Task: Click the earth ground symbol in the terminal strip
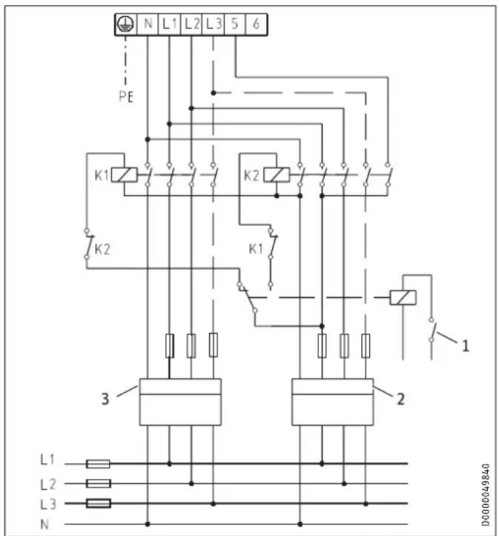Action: [126, 24]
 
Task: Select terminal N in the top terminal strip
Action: [148, 24]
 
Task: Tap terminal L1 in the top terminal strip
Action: [170, 24]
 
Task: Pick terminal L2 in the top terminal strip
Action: [191, 24]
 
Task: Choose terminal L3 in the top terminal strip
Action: [214, 24]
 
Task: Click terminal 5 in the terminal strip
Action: [235, 24]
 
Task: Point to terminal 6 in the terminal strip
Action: [257, 24]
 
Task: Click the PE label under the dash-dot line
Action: [126, 96]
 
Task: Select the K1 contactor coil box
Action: [125, 175]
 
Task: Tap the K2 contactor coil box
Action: [277, 175]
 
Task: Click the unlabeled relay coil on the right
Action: [403, 297]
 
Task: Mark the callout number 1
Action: [466, 346]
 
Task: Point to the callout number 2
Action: [400, 399]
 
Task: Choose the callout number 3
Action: [105, 399]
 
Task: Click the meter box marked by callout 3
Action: [180, 402]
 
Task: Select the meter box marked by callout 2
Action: [333, 402]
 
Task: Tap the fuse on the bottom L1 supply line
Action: [98, 464]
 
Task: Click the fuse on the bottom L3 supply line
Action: [99, 503]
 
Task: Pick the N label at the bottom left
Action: [44, 524]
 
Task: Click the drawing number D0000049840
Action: [486, 495]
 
